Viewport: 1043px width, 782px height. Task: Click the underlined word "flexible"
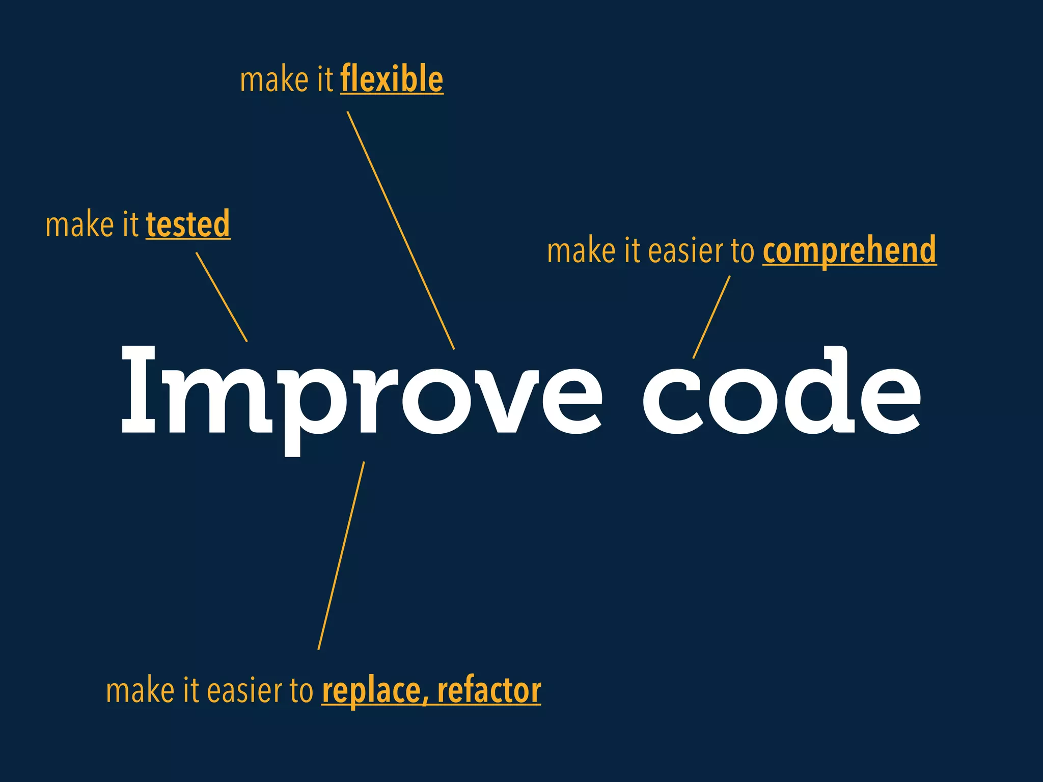pyautogui.click(x=392, y=79)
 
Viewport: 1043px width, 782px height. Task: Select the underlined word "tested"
pyautogui.click(x=188, y=224)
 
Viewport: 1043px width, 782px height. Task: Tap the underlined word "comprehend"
pyautogui.click(x=849, y=250)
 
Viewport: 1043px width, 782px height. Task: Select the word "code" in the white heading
pyautogui.click(x=782, y=392)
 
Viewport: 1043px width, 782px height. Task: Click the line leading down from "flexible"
pyautogui.click(x=400, y=230)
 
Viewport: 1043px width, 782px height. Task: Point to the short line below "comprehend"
pyautogui.click(x=711, y=317)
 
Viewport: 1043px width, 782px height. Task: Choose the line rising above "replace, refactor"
pyautogui.click(x=341, y=555)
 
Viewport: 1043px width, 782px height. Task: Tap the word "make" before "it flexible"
pyautogui.click(x=274, y=80)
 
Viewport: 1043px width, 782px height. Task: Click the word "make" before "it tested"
pyautogui.click(x=79, y=225)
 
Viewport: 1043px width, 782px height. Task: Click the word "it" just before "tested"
pyautogui.click(x=130, y=225)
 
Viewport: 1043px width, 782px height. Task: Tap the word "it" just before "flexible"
pyautogui.click(x=324, y=80)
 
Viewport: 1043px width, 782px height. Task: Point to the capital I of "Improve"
pyautogui.click(x=138, y=389)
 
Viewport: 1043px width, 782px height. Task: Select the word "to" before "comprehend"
pyautogui.click(x=742, y=251)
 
